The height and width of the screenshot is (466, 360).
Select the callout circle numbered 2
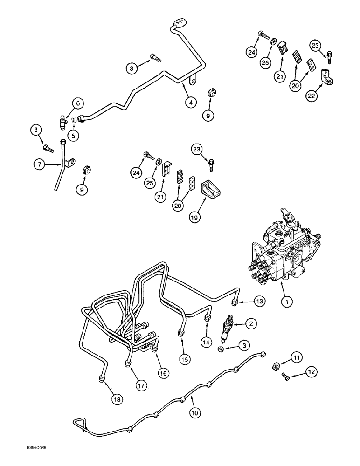[x=251, y=323]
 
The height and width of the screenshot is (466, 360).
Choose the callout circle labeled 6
[x=78, y=104]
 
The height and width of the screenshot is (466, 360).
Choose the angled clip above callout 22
[x=326, y=76]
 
